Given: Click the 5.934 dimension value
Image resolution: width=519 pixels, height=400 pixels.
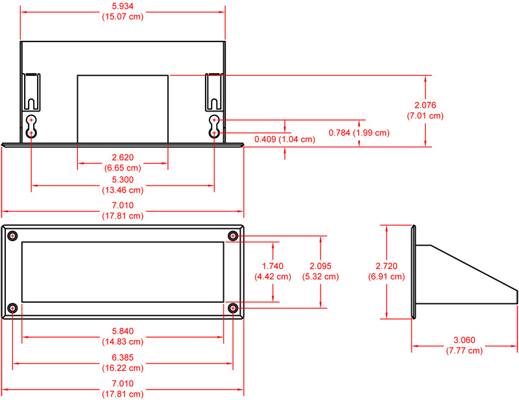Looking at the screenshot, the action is pyautogui.click(x=123, y=6).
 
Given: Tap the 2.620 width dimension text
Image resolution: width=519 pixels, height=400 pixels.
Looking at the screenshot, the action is pyautogui.click(x=123, y=158).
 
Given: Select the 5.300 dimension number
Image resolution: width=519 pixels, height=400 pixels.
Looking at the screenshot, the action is pyautogui.click(x=123, y=180).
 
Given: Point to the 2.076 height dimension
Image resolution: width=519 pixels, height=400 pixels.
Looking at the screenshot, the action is pyautogui.click(x=426, y=105).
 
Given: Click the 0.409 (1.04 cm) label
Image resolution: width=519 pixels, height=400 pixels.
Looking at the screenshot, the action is pyautogui.click(x=285, y=139).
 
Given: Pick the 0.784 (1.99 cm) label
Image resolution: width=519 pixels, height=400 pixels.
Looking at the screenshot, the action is pyautogui.click(x=359, y=133).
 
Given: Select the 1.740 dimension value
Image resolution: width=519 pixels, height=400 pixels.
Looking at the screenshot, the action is pyautogui.click(x=272, y=266).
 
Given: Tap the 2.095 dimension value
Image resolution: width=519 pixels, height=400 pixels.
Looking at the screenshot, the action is pyautogui.click(x=320, y=266).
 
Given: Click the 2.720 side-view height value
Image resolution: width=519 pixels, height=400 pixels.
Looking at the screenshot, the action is pyautogui.click(x=387, y=266).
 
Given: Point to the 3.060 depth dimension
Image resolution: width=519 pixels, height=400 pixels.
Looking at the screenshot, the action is pyautogui.click(x=465, y=340).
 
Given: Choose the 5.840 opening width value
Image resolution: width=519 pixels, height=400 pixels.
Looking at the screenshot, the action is pyautogui.click(x=123, y=331).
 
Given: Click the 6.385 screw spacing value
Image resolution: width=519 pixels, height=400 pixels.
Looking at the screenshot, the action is pyautogui.click(x=123, y=358).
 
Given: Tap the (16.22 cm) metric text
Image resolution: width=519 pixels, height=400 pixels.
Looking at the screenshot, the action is pyautogui.click(x=123, y=368).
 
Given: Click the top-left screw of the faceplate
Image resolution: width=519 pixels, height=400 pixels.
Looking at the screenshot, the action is pyautogui.click(x=12, y=236).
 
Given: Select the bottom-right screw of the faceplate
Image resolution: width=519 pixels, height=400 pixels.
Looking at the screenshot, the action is pyautogui.click(x=233, y=309).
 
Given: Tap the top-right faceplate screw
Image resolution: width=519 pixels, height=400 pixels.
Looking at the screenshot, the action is pyautogui.click(x=233, y=236).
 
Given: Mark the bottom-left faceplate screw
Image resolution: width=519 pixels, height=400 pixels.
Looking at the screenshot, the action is pyautogui.click(x=12, y=309).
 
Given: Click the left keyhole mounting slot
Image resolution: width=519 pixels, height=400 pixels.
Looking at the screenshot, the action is pyautogui.click(x=31, y=126).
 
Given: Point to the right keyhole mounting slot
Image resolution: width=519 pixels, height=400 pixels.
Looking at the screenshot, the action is pyautogui.click(x=214, y=126).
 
